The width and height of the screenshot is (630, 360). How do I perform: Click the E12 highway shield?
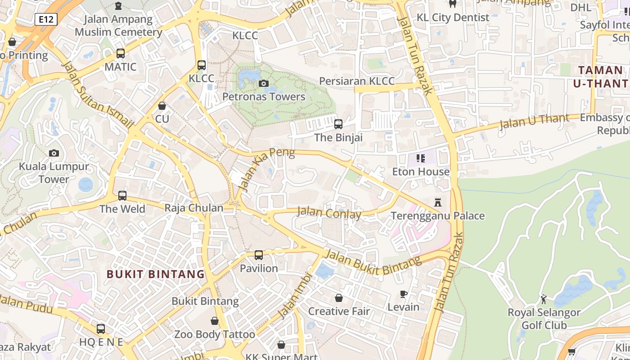coord(45,19)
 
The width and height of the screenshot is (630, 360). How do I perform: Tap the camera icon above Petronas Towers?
coord(264,83)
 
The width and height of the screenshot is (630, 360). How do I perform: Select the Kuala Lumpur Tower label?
coord(54,173)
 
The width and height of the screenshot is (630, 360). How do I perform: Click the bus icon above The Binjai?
coord(338,124)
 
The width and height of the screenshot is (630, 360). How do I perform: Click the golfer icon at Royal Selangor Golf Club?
coord(544,299)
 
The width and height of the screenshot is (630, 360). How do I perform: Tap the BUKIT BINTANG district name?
coord(156,274)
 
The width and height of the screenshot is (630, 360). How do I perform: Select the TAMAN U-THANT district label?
coord(600,76)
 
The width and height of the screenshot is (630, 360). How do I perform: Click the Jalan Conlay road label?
coord(329,212)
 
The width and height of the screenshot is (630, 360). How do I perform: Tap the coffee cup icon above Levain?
coord(404,294)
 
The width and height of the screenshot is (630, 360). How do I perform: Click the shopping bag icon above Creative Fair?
coord(338,298)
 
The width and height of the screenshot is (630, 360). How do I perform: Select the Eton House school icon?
coord(421,158)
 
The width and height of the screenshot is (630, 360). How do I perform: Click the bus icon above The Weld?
coord(122,196)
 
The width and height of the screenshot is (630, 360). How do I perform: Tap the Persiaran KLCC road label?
coord(356,81)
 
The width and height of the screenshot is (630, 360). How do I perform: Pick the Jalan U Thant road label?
coord(534,121)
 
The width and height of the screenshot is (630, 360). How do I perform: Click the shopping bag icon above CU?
coord(162,106)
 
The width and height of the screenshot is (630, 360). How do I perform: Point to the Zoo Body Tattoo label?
coord(215,334)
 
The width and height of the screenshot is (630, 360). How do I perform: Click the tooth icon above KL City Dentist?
coord(453,4)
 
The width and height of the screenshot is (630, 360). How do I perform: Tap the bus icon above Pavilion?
coord(259,255)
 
